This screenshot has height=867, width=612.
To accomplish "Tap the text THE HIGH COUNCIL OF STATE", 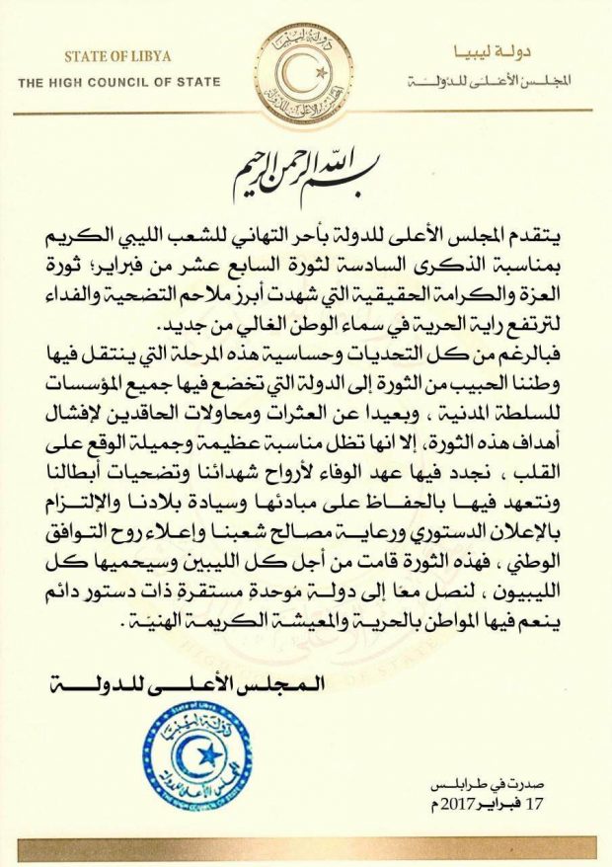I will pyautogui.click(x=118, y=82).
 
